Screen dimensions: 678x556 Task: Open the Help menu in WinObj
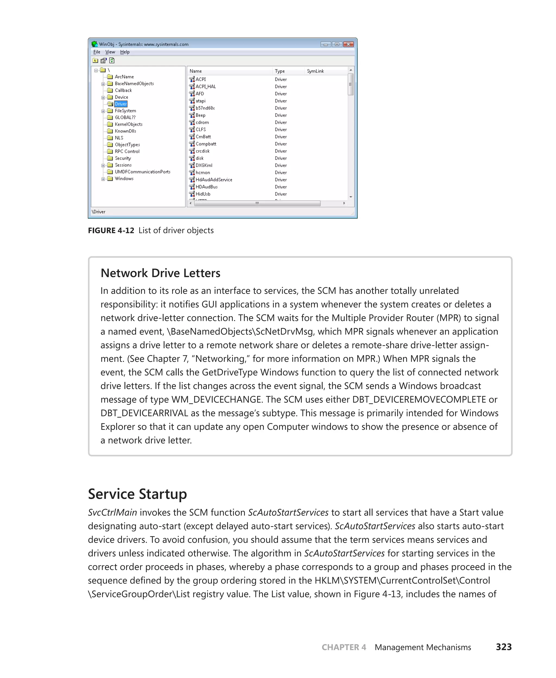pos(125,52)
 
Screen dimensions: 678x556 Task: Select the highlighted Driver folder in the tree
pos(121,104)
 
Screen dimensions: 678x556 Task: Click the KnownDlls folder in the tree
pos(125,131)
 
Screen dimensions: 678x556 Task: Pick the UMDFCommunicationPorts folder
pos(142,172)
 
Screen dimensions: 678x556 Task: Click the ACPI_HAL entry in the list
pos(205,87)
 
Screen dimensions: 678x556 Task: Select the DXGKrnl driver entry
pos(204,165)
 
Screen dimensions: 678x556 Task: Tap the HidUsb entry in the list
pos(203,194)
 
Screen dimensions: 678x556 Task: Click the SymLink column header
pos(315,71)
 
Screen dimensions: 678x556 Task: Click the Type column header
pos(279,71)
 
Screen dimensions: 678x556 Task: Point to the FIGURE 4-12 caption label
pos(111,230)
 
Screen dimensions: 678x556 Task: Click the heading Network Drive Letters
pos(160,273)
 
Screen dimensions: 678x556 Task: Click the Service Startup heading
pos(137,494)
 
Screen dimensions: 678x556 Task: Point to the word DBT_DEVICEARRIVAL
pos(144,413)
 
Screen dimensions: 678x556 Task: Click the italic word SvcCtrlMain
pos(112,512)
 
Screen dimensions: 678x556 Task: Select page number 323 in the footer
pos(504,647)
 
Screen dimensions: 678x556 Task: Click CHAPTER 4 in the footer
pos(344,647)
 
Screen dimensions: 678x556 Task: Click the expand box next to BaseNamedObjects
pos(103,84)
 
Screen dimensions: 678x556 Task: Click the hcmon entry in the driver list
pos(203,172)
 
